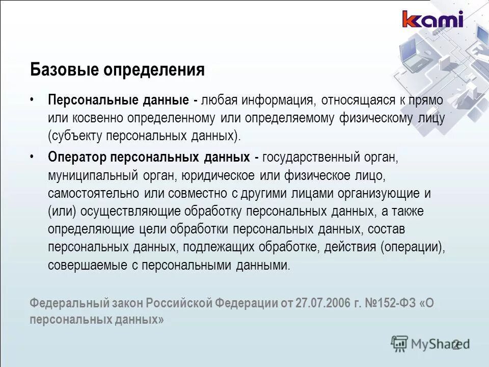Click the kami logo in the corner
point(432,19)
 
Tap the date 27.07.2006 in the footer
point(320,302)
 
